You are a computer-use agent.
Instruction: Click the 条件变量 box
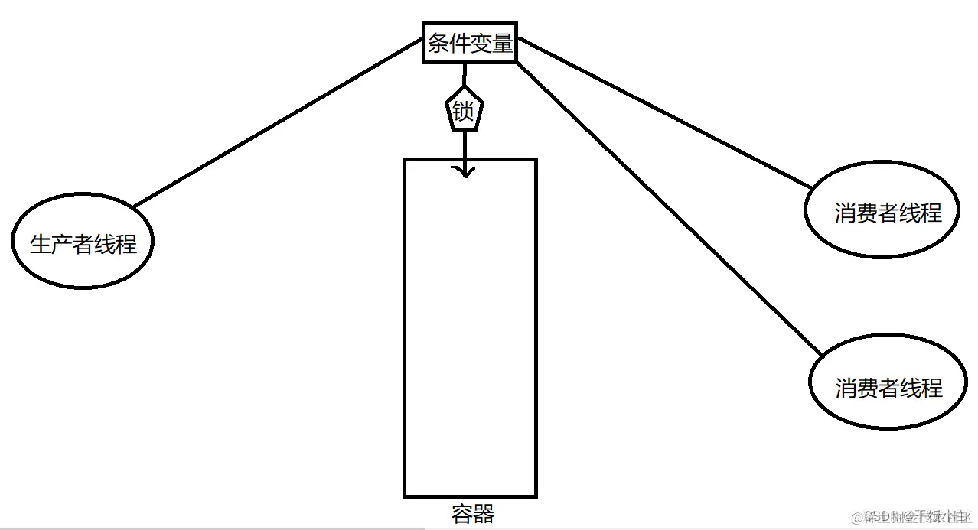pos(470,44)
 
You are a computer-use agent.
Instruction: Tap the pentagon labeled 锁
pos(464,111)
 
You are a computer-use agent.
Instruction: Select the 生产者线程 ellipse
pos(83,243)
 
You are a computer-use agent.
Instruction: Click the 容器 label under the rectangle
pos(472,514)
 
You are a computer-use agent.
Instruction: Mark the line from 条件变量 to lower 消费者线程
pos(666,206)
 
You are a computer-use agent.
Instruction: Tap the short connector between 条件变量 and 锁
pos(464,75)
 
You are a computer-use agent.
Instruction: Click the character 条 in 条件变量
pos(439,44)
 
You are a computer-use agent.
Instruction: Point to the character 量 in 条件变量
pos(502,44)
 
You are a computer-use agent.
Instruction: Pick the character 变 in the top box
pos(481,44)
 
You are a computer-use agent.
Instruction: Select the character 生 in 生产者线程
pos(40,244)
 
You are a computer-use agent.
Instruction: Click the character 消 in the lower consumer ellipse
pos(846,389)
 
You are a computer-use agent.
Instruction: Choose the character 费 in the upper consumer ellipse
pos(867,213)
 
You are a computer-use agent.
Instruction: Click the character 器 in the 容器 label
pos(484,514)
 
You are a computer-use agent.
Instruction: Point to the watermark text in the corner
pos(911,515)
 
